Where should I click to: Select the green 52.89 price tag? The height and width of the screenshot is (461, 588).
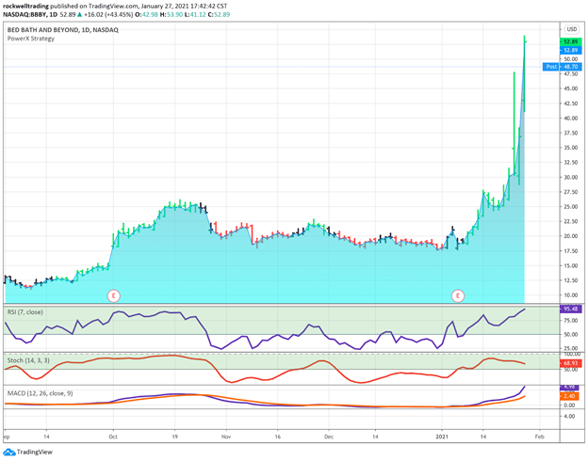[568, 42]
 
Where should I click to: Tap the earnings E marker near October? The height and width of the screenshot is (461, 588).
[113, 294]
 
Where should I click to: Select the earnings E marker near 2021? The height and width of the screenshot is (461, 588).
[459, 294]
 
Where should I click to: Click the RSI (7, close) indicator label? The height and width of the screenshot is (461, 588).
[25, 310]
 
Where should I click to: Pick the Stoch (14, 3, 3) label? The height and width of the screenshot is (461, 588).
[29, 359]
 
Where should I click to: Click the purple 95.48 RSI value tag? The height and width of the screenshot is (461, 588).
[569, 310]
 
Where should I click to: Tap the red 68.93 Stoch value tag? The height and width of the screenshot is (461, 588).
[569, 363]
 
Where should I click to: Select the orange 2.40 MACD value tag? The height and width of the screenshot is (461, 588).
[569, 396]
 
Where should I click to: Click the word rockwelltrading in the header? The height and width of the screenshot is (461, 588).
[30, 5]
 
